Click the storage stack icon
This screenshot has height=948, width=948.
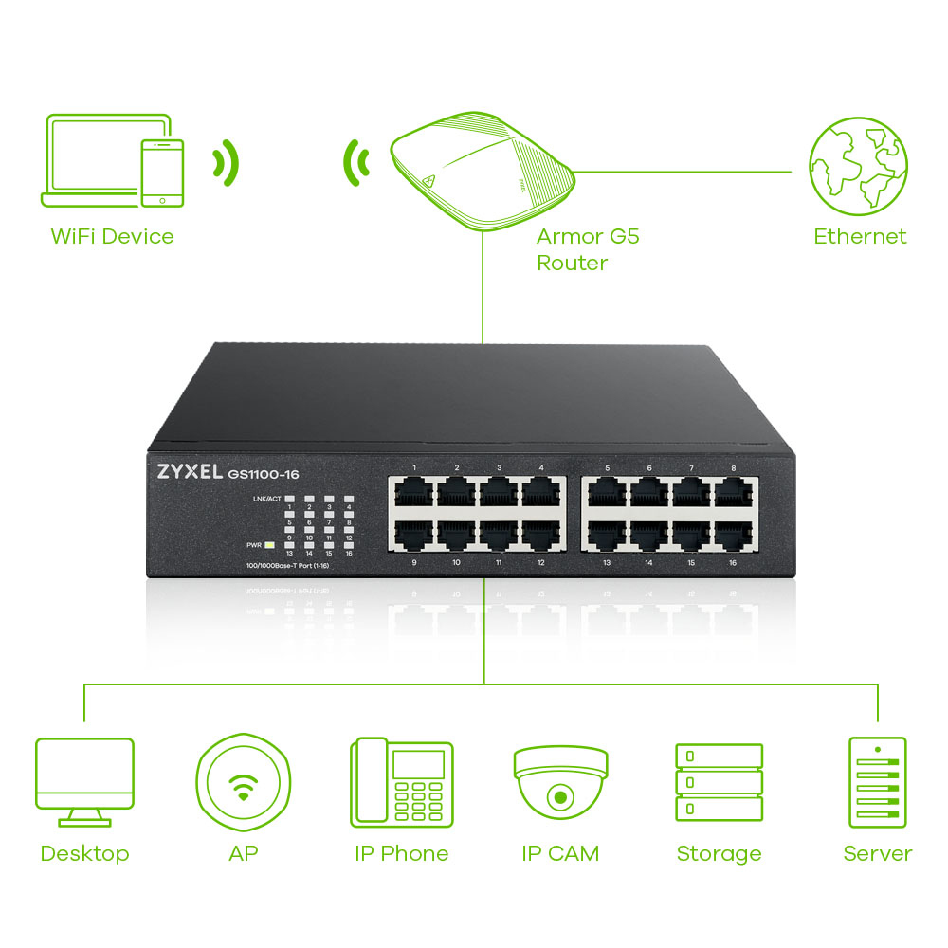click(x=719, y=782)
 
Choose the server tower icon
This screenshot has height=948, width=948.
click(x=878, y=782)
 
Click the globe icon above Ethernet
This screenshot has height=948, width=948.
click(x=858, y=167)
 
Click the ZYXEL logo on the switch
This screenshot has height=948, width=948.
click(x=185, y=472)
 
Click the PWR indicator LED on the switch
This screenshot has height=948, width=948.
click(x=269, y=545)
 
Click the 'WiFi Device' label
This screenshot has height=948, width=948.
click(x=112, y=236)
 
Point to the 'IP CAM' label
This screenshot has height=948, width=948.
click(x=560, y=853)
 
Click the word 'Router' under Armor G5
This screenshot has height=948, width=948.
click(x=572, y=263)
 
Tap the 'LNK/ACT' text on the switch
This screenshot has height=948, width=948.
click(x=267, y=499)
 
